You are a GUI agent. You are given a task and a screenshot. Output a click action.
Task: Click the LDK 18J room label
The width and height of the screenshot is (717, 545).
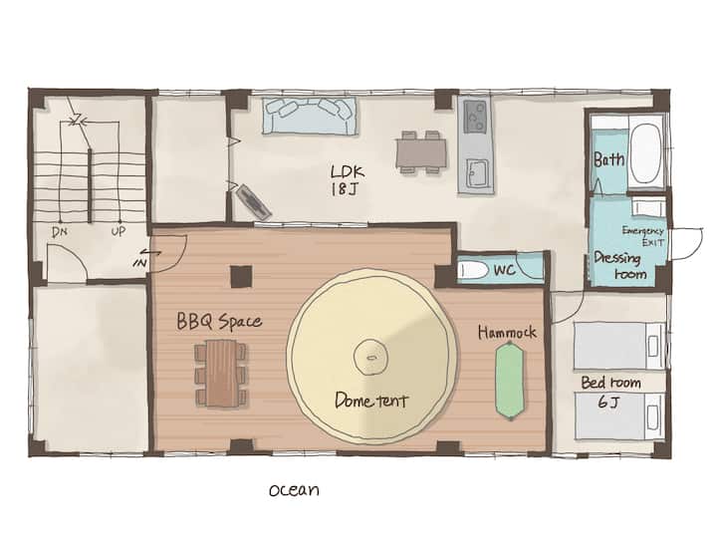(348, 179)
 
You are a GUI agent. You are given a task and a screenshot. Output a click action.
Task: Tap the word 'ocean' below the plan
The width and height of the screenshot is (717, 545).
(294, 489)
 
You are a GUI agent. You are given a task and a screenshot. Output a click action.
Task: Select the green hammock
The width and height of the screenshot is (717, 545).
(510, 381)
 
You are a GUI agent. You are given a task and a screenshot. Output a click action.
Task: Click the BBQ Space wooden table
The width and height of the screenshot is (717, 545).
(221, 373)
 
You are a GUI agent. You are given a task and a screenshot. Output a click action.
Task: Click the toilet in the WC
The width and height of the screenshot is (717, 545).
(473, 270)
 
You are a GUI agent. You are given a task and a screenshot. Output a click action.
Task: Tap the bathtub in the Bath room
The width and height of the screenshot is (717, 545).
(645, 154)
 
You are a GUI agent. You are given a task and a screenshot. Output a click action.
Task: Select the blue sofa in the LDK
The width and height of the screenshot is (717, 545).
(310, 116)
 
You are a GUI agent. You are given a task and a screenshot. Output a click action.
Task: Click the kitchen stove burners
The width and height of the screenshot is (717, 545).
(476, 117)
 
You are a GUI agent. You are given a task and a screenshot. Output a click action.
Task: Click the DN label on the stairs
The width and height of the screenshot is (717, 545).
(60, 232)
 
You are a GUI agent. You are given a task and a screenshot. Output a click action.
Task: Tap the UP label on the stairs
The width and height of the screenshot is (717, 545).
(118, 231)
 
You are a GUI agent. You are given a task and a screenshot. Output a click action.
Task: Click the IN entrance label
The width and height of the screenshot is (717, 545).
(140, 263)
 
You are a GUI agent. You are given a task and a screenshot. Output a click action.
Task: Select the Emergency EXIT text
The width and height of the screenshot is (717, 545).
(642, 236)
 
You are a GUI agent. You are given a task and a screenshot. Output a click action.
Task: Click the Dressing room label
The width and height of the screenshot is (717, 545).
(619, 265)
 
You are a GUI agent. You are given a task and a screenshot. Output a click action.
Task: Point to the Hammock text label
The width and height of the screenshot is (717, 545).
(507, 332)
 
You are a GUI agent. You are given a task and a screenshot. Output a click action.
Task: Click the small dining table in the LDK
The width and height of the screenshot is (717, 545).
(421, 152)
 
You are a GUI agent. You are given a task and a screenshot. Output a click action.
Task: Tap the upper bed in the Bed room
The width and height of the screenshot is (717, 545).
(619, 346)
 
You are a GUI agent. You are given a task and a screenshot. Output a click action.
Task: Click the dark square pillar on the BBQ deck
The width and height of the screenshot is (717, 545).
(241, 276)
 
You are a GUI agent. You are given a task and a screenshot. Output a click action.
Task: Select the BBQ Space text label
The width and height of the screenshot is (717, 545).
(219, 321)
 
